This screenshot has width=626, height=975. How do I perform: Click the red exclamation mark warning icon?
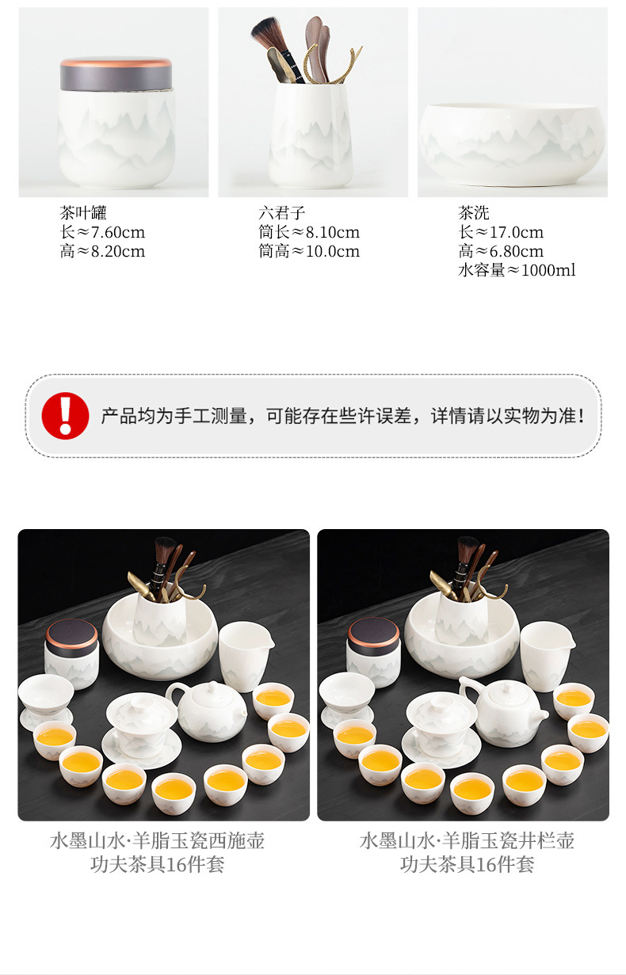pos(65,415)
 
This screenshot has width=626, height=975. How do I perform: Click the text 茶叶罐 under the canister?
pos(82,212)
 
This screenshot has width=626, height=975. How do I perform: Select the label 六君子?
pos(281,212)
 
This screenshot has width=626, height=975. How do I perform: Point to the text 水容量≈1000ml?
pos(517,270)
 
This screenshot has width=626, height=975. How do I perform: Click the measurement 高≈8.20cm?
pos(102,251)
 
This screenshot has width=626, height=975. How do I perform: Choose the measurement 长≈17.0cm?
pos(501,232)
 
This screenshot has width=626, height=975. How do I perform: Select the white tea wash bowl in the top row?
pos(512,139)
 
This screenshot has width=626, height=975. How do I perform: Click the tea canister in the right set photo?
pos(373,653)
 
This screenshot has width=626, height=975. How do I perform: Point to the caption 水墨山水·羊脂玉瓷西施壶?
pos(157,840)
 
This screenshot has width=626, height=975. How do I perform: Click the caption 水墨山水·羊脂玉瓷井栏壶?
pos(467,840)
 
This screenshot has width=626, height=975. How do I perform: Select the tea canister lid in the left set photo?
pos(72,632)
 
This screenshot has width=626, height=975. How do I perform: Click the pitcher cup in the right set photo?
pos(546,654)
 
